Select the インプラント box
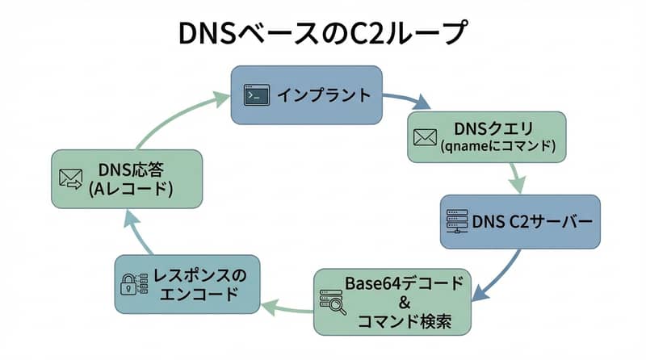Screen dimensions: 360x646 [308, 95]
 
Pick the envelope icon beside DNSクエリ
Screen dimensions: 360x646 [425, 137]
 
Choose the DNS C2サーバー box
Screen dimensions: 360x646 [519, 221]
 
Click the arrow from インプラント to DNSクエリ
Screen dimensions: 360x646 [408, 101]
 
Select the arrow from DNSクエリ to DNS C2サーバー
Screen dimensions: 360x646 [514, 176]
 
